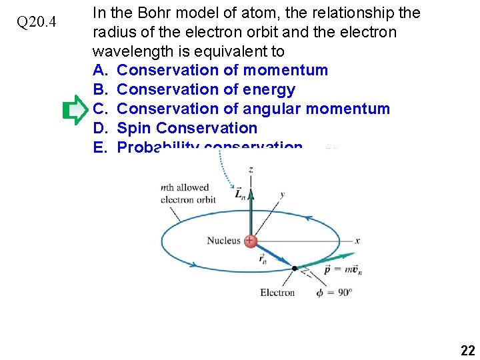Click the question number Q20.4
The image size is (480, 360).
pyautogui.click(x=37, y=23)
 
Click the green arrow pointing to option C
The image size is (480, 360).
pyautogui.click(x=75, y=110)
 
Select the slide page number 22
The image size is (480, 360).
pyautogui.click(x=466, y=350)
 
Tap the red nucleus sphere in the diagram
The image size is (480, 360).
pyautogui.click(x=251, y=241)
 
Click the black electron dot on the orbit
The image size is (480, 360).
pyautogui.click(x=294, y=268)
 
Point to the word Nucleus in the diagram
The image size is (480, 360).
pyautogui.click(x=223, y=241)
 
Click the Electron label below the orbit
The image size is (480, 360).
pyautogui.click(x=277, y=292)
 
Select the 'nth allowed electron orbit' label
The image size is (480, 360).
pyautogui.click(x=188, y=193)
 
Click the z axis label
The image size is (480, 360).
pyautogui.click(x=250, y=169)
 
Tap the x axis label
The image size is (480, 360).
pyautogui.click(x=357, y=241)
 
